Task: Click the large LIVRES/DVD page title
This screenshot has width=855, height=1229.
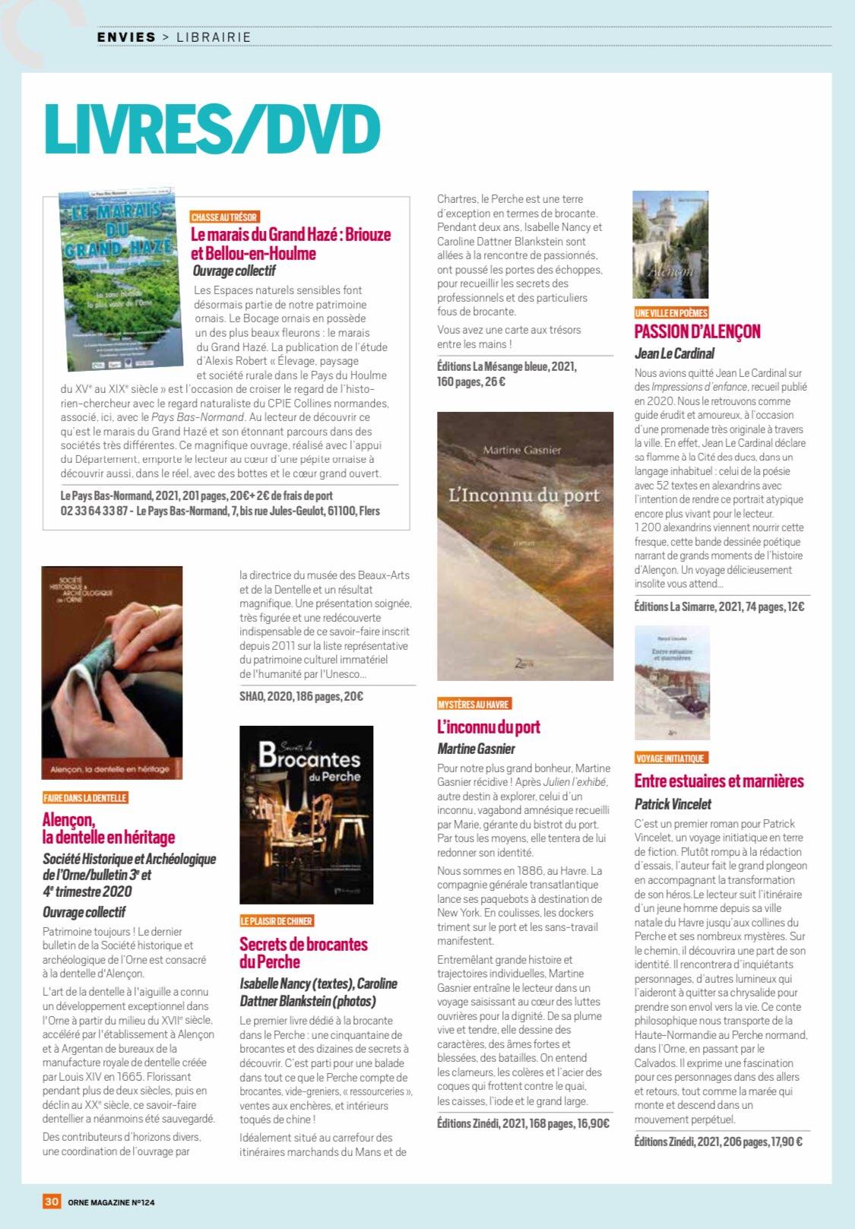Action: (212, 128)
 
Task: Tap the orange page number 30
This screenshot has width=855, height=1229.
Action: (52, 1202)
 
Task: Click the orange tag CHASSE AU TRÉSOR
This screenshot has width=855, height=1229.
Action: (224, 217)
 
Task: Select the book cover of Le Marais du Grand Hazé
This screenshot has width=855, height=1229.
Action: (118, 282)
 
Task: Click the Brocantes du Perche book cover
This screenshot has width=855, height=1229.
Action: (306, 814)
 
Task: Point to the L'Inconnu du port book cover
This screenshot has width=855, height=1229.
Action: (525, 546)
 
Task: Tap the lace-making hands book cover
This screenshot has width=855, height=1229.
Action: (112, 672)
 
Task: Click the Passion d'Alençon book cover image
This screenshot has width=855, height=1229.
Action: (670, 245)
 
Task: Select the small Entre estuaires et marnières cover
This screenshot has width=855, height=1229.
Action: (672, 683)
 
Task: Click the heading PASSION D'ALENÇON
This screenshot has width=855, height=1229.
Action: (697, 331)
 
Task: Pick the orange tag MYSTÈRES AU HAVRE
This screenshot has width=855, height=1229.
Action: (473, 704)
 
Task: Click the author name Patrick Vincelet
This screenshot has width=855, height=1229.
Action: (673, 804)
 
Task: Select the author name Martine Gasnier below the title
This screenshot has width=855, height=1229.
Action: (476, 749)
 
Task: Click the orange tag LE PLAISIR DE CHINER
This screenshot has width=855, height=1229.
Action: (277, 921)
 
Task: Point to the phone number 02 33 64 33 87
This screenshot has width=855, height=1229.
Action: (94, 511)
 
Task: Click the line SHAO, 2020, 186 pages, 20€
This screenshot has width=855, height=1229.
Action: (301, 696)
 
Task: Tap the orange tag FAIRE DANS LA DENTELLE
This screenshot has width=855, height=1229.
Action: (85, 798)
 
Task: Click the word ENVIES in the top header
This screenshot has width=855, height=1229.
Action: (126, 36)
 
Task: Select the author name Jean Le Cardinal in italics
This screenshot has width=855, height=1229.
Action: (674, 353)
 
